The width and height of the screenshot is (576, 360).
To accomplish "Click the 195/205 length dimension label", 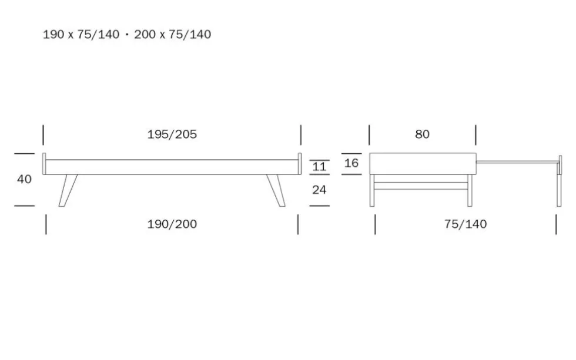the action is pyautogui.click(x=172, y=134).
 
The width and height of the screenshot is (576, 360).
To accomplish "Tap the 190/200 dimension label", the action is pyautogui.click(x=172, y=224).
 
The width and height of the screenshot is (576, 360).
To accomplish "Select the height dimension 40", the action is pyautogui.click(x=24, y=179).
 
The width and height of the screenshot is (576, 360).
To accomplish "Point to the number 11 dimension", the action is pyautogui.click(x=319, y=167).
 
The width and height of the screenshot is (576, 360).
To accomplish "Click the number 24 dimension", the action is pyautogui.click(x=319, y=190).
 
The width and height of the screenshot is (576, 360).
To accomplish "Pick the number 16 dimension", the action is pyautogui.click(x=351, y=163).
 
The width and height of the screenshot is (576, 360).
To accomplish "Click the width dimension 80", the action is pyautogui.click(x=422, y=134).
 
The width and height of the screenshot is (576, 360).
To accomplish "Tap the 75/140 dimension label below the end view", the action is pyautogui.click(x=466, y=224).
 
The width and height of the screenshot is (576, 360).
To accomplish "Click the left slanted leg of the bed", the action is pyautogui.click(x=68, y=190).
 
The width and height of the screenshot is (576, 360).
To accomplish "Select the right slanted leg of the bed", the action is pyautogui.click(x=276, y=190).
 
